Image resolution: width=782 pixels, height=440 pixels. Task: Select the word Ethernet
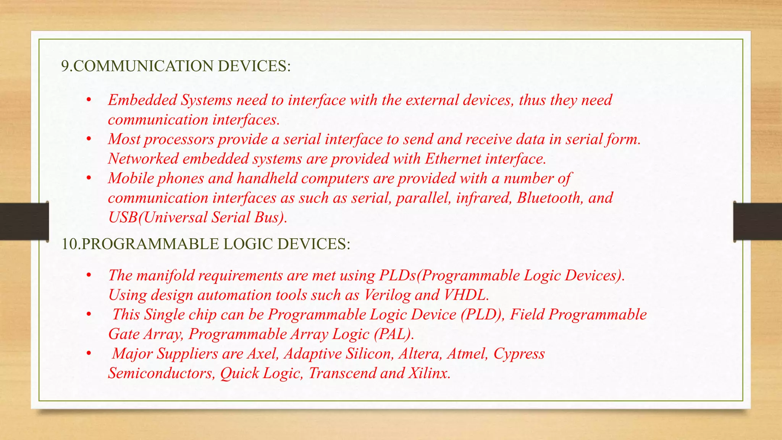tap(453, 159)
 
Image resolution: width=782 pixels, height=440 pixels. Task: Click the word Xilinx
tap(429, 373)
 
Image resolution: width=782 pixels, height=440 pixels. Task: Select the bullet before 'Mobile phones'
tap(89, 178)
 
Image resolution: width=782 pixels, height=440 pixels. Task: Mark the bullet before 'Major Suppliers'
tap(89, 353)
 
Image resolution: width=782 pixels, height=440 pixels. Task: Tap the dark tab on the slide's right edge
tap(758, 222)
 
